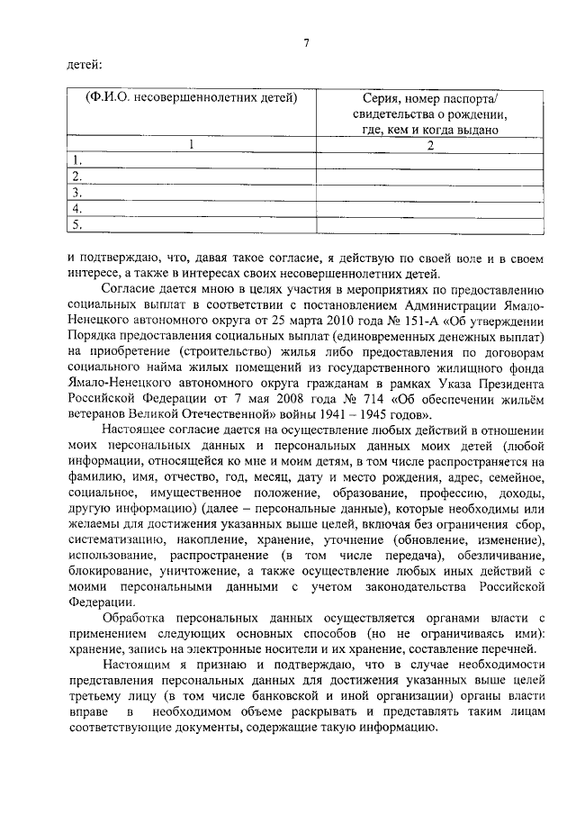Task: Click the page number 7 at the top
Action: point(306,42)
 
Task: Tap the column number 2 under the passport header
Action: point(429,145)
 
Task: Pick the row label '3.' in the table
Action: point(77,193)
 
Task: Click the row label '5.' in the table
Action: point(77,225)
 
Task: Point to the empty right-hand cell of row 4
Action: point(429,209)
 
